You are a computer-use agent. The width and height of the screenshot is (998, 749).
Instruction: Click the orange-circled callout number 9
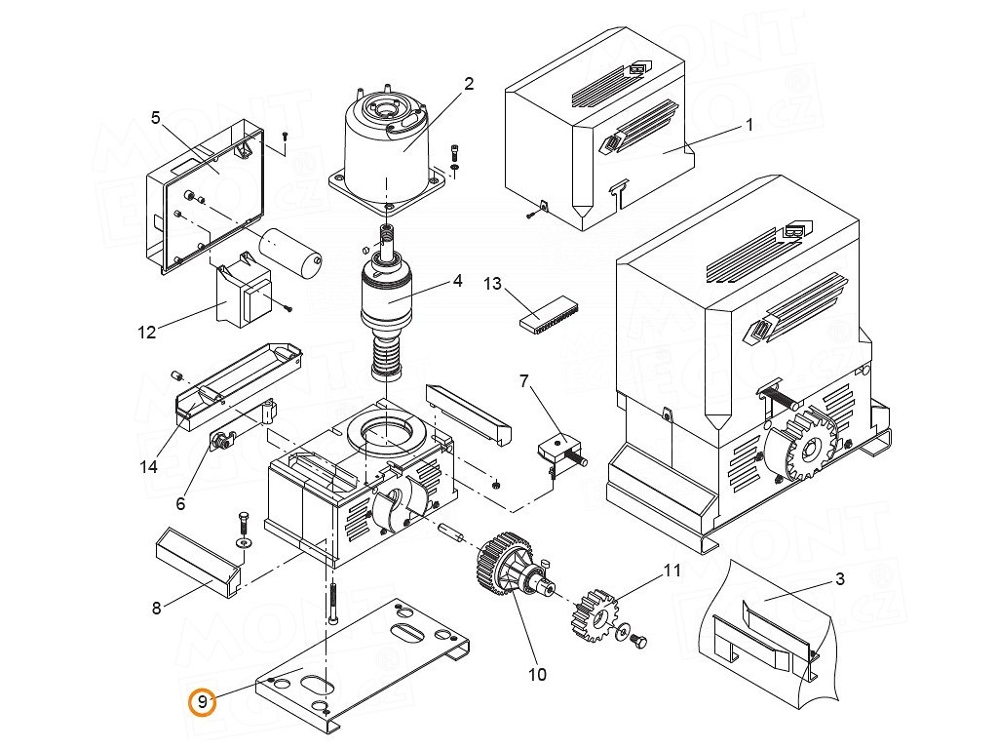(202, 701)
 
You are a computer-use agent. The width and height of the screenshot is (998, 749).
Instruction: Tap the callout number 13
(492, 284)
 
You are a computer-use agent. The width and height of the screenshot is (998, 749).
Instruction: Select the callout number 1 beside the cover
(749, 125)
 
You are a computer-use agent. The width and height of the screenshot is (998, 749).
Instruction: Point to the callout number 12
(146, 333)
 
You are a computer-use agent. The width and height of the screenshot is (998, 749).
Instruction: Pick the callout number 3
(840, 579)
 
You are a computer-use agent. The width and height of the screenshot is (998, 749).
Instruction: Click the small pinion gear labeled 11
(594, 614)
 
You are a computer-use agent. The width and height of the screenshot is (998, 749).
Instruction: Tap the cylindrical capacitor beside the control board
(292, 250)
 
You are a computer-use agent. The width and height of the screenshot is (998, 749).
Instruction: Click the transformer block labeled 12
(244, 298)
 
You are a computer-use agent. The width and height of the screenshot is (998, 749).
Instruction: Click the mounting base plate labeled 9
(370, 663)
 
